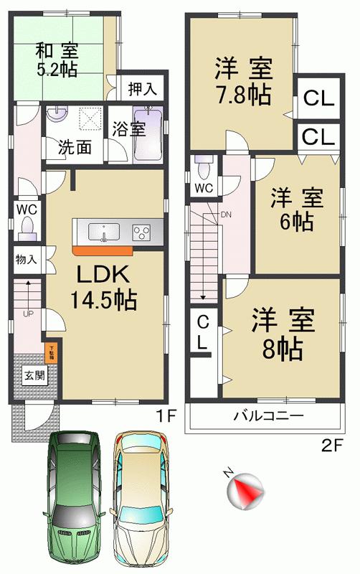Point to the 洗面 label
click(x=75, y=148)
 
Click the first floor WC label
click(x=27, y=210)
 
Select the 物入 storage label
click(x=27, y=259)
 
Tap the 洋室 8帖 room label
click(x=282, y=334)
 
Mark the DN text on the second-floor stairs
click(x=227, y=214)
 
